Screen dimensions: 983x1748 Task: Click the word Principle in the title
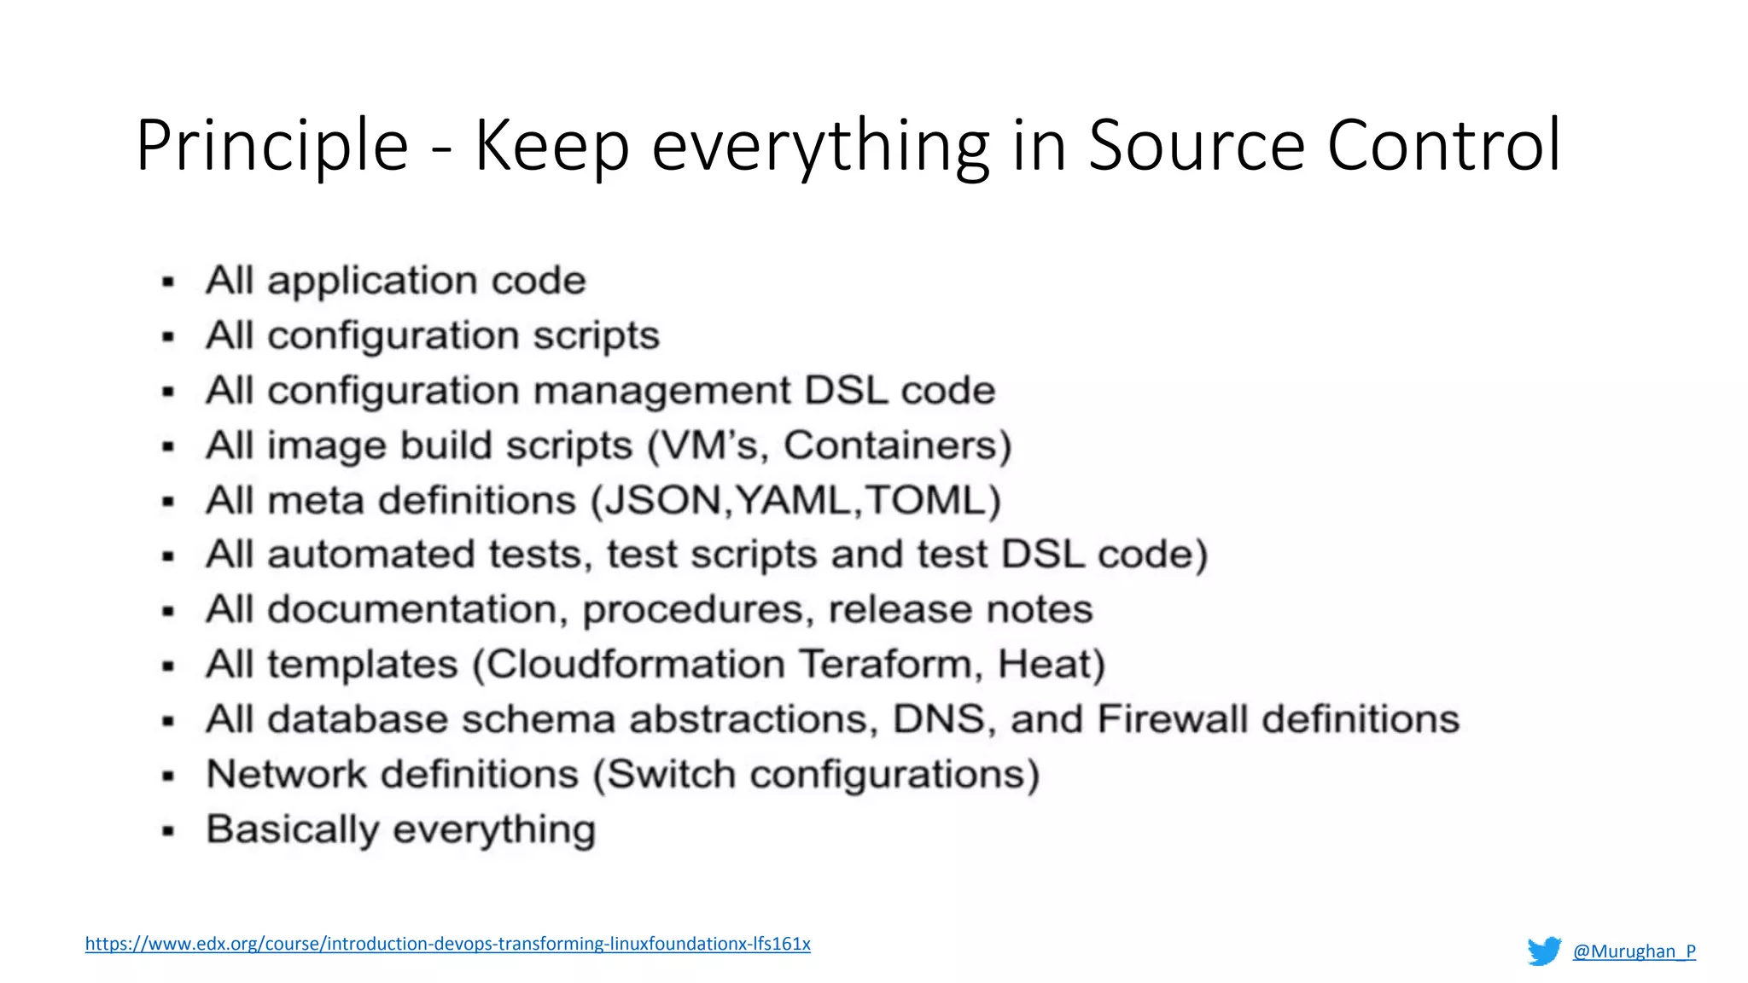tap(271, 147)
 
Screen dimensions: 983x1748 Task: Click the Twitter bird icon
tap(1544, 951)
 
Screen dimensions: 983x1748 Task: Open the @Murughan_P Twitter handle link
tap(1634, 951)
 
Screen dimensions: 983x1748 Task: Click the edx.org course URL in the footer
tap(447, 944)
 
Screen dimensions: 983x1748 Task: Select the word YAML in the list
tap(794, 500)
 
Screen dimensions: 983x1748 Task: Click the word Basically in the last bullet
tap(293, 829)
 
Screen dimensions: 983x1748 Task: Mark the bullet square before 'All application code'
tap(168, 282)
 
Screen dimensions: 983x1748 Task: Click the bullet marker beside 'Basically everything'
tap(168, 830)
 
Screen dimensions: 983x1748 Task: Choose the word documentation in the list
tap(413, 609)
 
